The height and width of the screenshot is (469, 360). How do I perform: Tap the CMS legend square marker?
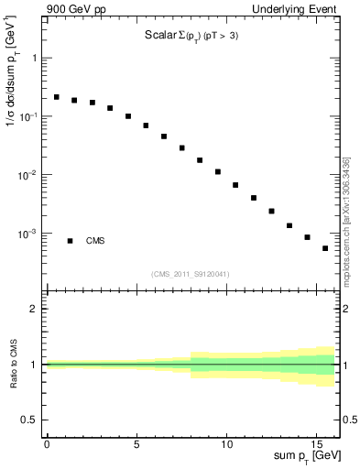point(70,241)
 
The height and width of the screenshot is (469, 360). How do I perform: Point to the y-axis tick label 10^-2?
point(28,174)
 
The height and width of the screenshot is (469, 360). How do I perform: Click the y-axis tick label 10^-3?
point(28,233)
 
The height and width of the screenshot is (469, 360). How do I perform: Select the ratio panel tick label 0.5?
point(31,420)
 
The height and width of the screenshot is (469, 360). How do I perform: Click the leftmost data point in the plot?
point(56,96)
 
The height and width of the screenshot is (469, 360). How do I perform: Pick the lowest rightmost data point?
point(325,248)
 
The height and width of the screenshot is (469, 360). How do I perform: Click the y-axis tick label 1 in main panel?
point(35,58)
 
